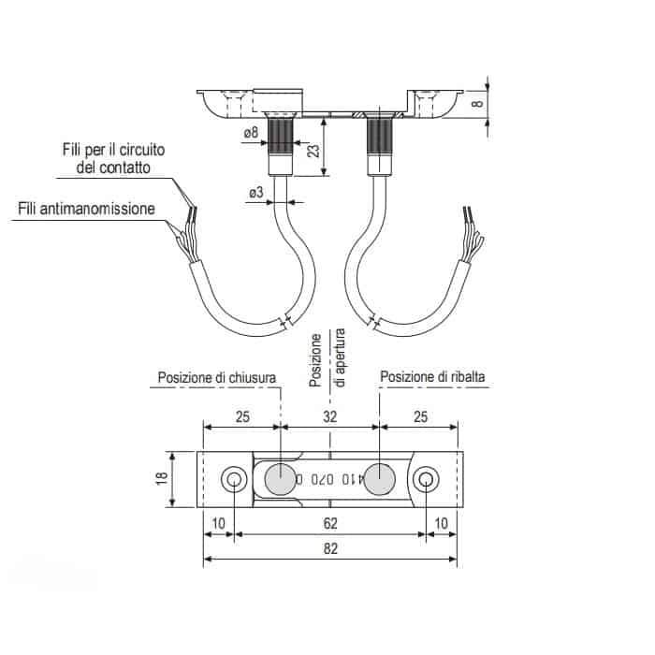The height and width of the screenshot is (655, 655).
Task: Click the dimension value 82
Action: (x=330, y=548)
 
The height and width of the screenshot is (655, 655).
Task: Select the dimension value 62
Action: (x=330, y=523)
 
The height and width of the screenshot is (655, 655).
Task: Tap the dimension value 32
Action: (x=329, y=416)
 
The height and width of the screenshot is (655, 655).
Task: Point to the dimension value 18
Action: (x=162, y=478)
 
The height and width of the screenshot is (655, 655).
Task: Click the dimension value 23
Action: (x=313, y=151)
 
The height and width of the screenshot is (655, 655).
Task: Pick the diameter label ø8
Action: (x=251, y=133)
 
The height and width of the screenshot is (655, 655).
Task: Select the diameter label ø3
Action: (x=256, y=192)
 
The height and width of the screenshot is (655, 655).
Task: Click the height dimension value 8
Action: (x=477, y=103)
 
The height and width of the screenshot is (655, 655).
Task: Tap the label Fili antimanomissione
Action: (x=86, y=209)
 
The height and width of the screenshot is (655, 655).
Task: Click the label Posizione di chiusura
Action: (x=217, y=377)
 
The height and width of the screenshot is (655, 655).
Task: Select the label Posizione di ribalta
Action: (x=432, y=377)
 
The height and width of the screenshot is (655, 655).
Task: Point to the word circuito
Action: (x=142, y=150)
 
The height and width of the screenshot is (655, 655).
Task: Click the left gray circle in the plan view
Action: (x=281, y=478)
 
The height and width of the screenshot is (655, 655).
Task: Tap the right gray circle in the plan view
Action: (x=379, y=478)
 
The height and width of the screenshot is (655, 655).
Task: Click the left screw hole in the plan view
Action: (x=234, y=479)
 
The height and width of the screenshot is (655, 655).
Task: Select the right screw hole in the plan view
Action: (x=426, y=479)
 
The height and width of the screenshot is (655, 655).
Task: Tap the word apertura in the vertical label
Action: (x=341, y=357)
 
